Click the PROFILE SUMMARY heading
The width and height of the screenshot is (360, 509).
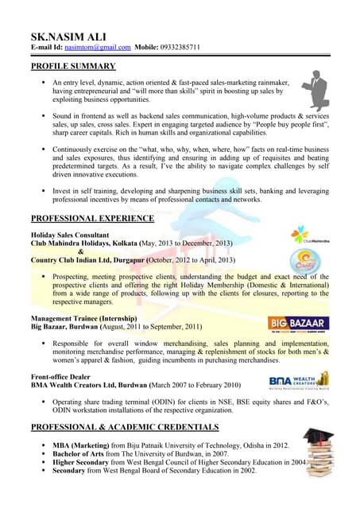(x=73, y=66)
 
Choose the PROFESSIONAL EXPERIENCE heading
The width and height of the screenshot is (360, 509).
(x=92, y=218)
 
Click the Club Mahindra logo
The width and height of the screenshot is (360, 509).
(x=311, y=235)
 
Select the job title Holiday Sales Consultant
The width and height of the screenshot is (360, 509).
(x=69, y=235)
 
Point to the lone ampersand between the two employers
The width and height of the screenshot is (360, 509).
(x=80, y=252)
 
